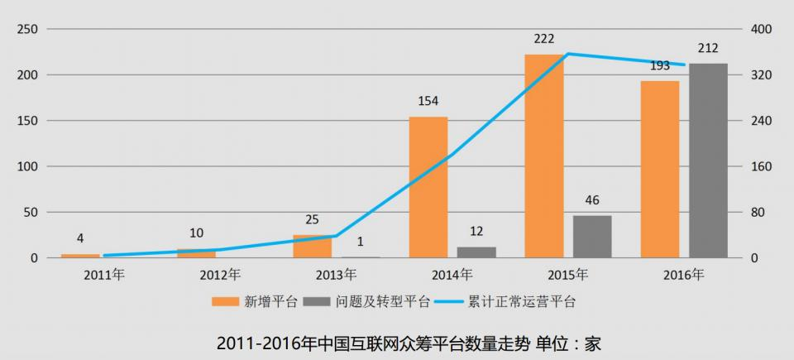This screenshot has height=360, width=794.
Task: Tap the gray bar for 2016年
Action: coord(708,161)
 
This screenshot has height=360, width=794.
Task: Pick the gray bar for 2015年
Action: coord(592,237)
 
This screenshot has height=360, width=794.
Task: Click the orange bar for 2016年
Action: coord(659,169)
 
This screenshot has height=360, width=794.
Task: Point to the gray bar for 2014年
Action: coord(476,252)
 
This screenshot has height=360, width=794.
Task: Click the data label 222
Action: coord(544,39)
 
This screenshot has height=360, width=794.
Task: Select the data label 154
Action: coord(428,101)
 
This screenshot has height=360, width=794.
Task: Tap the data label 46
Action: coord(592,200)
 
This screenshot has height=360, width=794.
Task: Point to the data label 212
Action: coord(708,48)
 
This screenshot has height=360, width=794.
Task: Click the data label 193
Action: coord(659,65)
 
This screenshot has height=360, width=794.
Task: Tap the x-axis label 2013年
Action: coord(336,274)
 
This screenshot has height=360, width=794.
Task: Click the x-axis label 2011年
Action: coord(104,274)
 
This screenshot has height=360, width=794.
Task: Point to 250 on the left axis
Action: coord(28,29)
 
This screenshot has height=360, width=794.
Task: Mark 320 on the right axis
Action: coord(760,75)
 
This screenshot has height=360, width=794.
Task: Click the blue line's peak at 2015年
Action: coord(567,54)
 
